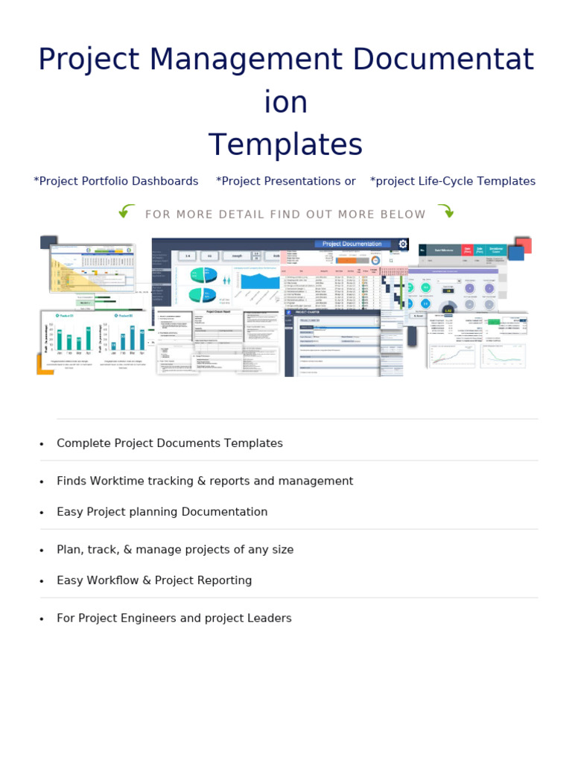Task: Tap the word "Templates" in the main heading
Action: tap(285, 145)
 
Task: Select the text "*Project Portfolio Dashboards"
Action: tap(116, 181)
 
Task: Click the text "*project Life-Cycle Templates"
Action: tap(453, 181)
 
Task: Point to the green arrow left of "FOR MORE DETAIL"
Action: tap(127, 212)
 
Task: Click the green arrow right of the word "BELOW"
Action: tap(445, 212)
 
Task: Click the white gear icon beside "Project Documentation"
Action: tap(403, 244)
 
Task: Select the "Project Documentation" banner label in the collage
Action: tap(352, 244)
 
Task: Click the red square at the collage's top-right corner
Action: tap(524, 245)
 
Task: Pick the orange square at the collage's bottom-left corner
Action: tap(44, 365)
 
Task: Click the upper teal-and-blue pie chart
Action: tap(203, 275)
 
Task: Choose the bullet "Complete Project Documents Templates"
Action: tap(170, 443)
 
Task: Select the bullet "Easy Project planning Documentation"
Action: tap(162, 512)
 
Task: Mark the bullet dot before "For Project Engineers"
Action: tap(42, 619)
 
